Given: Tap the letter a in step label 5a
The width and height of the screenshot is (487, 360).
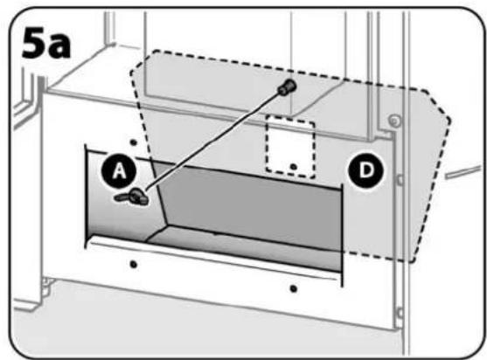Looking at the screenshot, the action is (59, 46).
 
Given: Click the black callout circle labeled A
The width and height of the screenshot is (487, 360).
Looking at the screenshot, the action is (119, 171).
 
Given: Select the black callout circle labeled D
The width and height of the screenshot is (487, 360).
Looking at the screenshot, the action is (366, 170).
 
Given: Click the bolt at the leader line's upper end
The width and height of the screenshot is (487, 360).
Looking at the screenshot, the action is (287, 86).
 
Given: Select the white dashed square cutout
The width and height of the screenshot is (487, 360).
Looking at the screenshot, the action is (290, 149).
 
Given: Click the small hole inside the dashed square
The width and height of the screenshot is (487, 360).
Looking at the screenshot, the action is (293, 167).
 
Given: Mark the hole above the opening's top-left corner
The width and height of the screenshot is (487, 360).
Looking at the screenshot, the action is (134, 142).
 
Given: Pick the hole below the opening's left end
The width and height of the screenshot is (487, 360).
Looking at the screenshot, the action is (134, 265).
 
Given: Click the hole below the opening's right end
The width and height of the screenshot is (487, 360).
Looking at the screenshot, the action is (293, 289).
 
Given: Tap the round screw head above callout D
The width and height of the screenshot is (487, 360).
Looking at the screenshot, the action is (395, 121).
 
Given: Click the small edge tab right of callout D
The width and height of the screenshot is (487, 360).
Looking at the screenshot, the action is (400, 180).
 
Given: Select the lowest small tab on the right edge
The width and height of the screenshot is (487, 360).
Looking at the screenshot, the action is (400, 313).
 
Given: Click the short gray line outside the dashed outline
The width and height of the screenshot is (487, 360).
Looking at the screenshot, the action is (463, 172).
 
